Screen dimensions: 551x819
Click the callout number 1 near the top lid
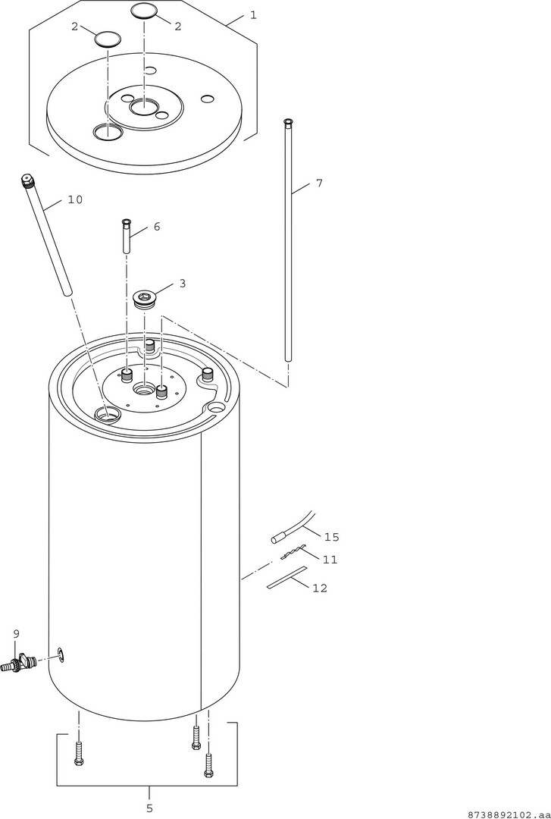[x=253, y=15]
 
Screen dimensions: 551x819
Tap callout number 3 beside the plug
[x=182, y=283]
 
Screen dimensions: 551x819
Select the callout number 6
[x=157, y=227]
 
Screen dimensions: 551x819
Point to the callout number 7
[x=319, y=183]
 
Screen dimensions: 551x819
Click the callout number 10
[x=75, y=199]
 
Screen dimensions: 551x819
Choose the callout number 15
[x=332, y=537]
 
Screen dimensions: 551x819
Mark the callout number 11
[x=330, y=560]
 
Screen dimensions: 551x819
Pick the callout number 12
[x=320, y=588]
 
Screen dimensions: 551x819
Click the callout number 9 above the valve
[x=16, y=633]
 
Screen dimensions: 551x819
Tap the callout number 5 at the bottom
[x=149, y=808]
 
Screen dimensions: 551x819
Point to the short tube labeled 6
[x=127, y=236]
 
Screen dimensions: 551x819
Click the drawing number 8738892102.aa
[x=509, y=814]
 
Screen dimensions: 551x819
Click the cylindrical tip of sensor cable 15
[x=277, y=539]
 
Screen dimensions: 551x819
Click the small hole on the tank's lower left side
[x=61, y=655]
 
